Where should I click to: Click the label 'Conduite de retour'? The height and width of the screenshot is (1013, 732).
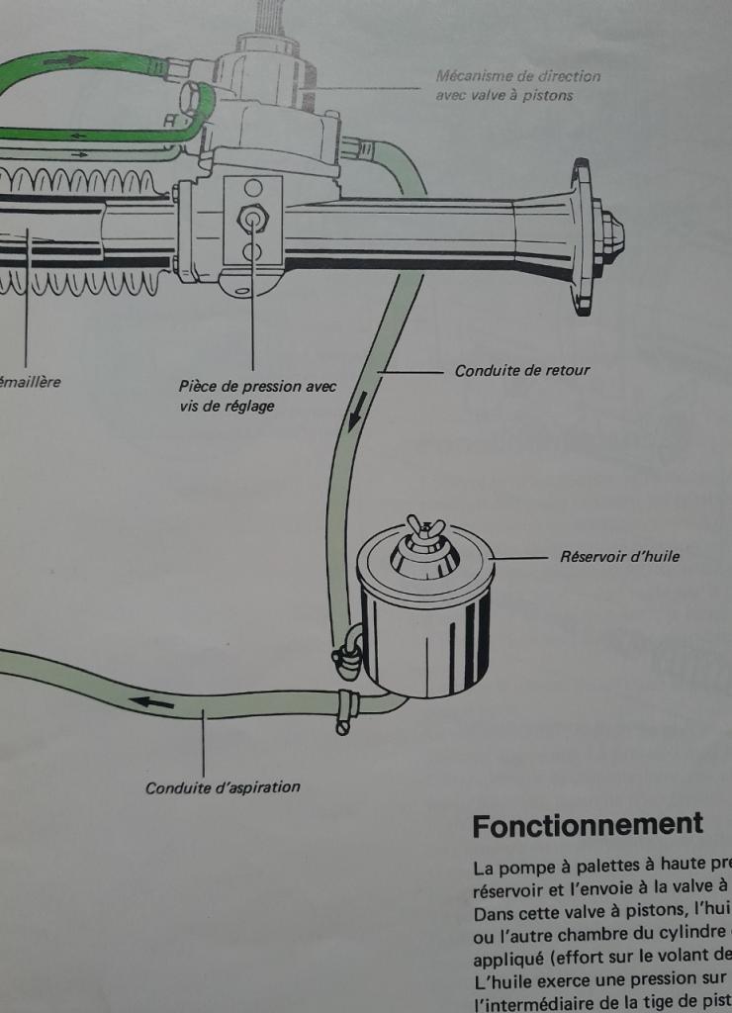521,371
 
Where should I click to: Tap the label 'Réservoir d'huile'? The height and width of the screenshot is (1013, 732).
619,557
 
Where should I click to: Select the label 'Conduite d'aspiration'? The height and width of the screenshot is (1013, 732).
223,787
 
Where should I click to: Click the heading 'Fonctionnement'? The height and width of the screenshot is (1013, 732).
588,825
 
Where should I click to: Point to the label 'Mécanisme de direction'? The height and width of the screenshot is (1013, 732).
517,76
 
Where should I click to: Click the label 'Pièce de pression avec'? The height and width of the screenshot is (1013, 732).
257,387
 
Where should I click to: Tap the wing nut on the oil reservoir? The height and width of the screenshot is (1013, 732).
426,528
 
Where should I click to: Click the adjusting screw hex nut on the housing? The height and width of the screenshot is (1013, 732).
252,218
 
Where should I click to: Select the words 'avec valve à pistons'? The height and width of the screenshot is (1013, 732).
503,95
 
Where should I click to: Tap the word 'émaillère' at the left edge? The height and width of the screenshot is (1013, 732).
30,382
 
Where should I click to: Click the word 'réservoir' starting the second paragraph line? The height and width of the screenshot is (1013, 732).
506,889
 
